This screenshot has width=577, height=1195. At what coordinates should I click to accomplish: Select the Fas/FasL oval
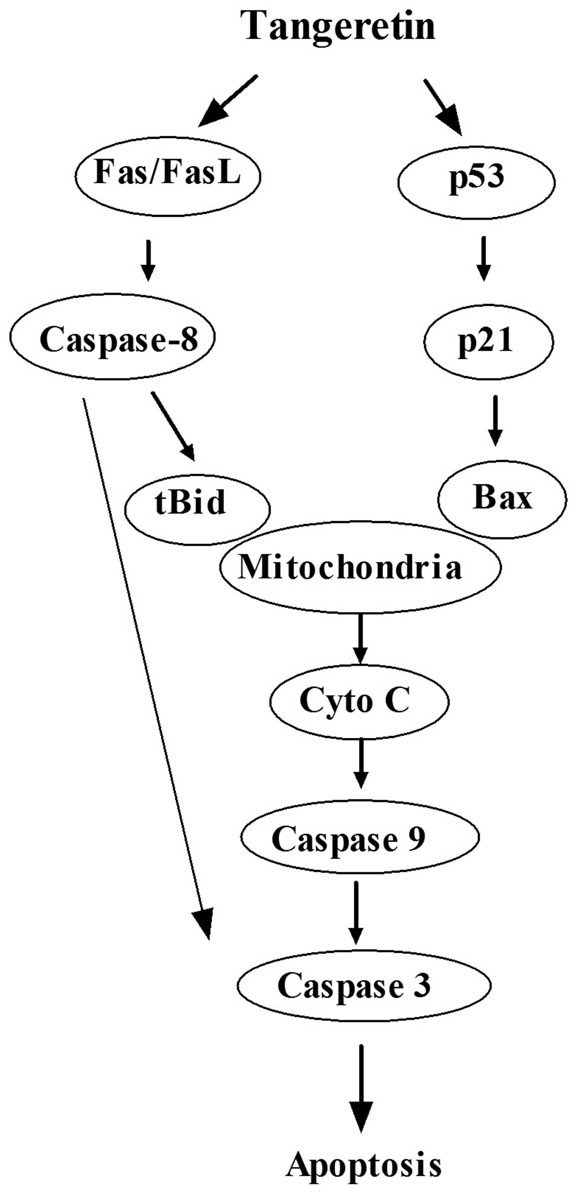click(x=167, y=175)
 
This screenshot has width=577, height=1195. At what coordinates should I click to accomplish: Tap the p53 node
click(x=476, y=182)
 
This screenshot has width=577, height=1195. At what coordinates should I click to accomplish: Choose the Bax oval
click(x=502, y=498)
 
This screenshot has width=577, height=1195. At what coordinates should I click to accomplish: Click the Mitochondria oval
click(x=360, y=567)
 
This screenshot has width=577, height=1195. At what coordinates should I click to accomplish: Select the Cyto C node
click(x=359, y=701)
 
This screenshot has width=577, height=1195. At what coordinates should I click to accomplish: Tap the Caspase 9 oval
click(x=360, y=837)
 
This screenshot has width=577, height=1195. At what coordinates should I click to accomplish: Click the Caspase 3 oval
click(x=364, y=986)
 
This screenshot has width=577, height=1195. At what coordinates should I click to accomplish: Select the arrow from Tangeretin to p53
click(x=443, y=108)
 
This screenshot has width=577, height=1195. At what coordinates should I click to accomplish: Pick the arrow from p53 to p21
click(x=484, y=258)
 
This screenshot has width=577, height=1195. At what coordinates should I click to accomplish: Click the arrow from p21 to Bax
click(x=495, y=421)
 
